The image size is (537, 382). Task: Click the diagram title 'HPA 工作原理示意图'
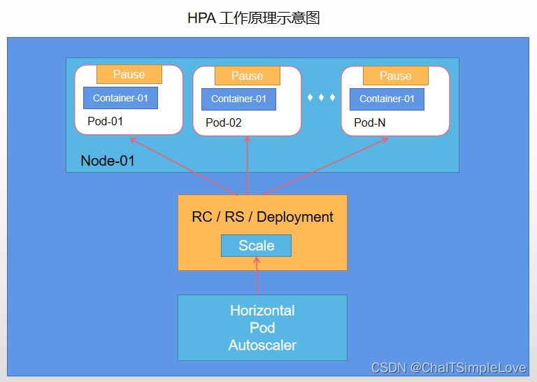(x=253, y=18)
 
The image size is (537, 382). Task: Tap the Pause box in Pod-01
(x=129, y=74)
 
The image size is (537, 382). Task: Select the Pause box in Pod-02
(x=247, y=76)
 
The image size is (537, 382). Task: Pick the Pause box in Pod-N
(x=395, y=76)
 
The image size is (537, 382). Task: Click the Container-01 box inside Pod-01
(x=120, y=98)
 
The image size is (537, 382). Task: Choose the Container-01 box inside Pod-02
(x=238, y=99)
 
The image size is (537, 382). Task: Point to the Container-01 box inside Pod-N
(x=387, y=99)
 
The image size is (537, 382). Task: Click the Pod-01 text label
(x=105, y=121)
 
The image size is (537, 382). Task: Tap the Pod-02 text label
(x=224, y=122)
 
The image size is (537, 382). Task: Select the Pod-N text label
(x=369, y=122)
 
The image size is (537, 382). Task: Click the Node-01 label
(x=108, y=160)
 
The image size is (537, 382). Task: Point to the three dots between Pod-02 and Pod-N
(x=322, y=97)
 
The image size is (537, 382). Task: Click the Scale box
(x=256, y=246)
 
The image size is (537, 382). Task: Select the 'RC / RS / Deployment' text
(x=262, y=217)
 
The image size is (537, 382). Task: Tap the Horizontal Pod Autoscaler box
(x=262, y=327)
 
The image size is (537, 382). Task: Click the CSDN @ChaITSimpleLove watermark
(x=448, y=368)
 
